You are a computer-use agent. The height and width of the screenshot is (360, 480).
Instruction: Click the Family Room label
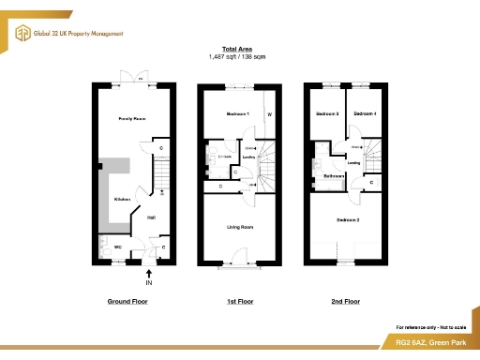[x=131, y=119]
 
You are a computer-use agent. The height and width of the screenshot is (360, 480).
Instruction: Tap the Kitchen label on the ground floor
[x=122, y=200]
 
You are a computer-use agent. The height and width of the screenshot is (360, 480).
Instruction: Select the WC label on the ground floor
[x=118, y=247]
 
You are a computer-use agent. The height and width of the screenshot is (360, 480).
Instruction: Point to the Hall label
[x=150, y=218]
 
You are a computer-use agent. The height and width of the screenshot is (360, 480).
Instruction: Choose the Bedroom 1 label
[x=237, y=113]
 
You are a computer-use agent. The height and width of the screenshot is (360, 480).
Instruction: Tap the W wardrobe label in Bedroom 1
[x=269, y=115]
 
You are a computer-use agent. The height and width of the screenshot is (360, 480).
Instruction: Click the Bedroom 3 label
[x=325, y=113]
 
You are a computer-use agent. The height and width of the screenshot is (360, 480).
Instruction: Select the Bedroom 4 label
[x=365, y=113]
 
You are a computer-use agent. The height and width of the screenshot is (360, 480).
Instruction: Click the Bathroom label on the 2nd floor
[x=335, y=175]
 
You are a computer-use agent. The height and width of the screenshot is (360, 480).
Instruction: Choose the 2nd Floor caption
[x=345, y=302]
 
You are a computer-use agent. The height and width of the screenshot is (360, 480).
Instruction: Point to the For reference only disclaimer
[x=432, y=325]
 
